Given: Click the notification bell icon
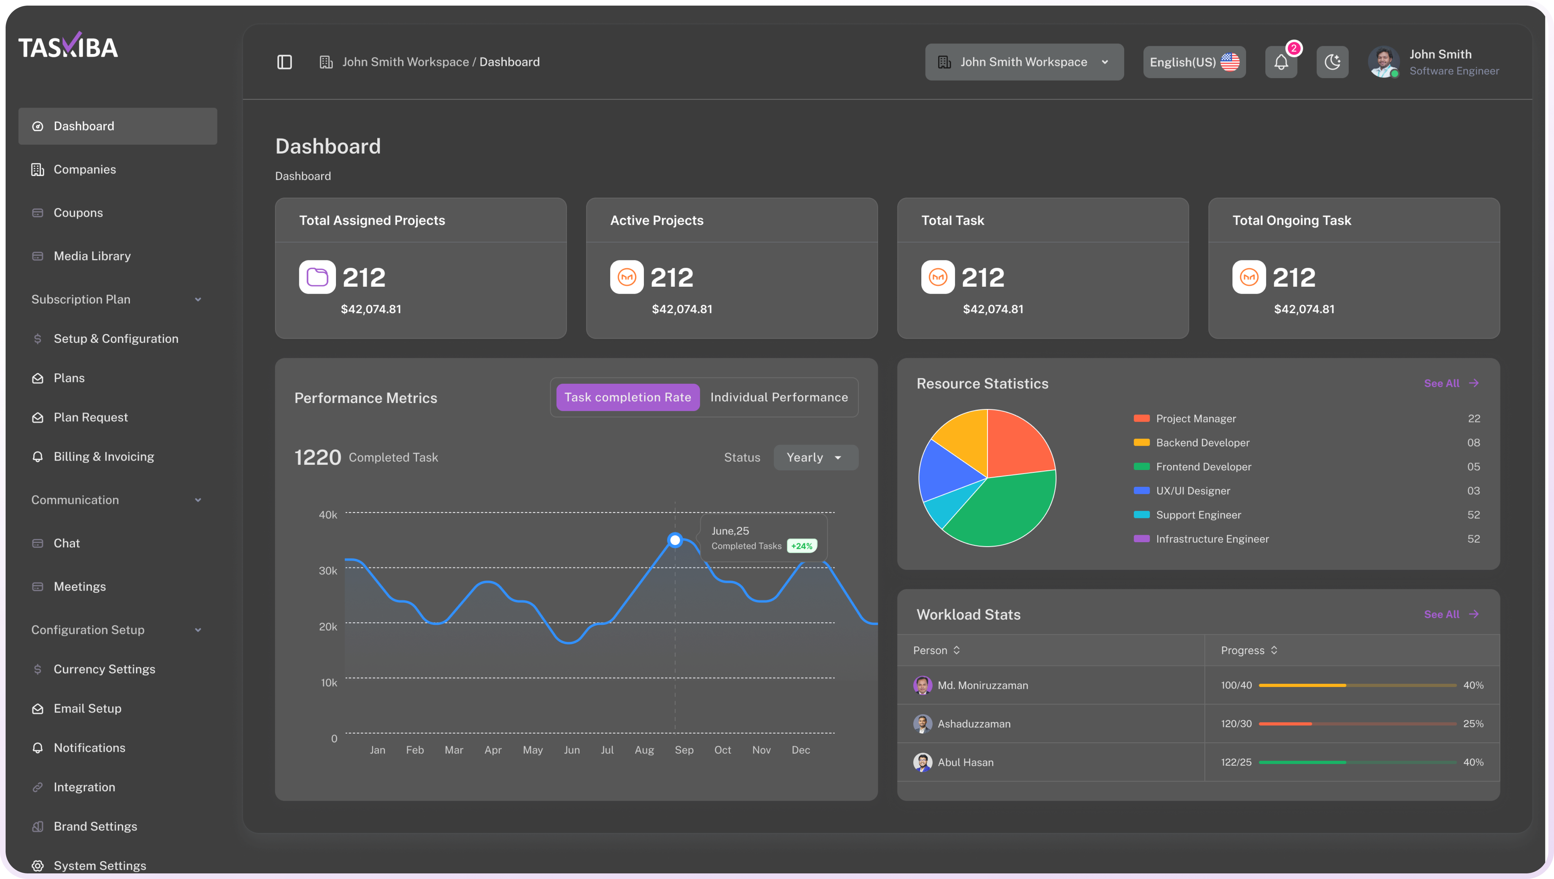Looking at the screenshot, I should (x=1281, y=62).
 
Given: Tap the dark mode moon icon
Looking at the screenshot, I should (x=1332, y=62).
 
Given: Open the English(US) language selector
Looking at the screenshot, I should (x=1194, y=62).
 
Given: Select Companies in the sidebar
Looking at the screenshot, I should (x=84, y=170).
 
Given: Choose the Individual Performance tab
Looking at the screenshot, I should (x=779, y=397).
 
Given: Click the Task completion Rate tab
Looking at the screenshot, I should (x=627, y=397).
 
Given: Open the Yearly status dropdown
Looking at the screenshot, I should (x=815, y=458).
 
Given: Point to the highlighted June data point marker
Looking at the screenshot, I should (x=675, y=540).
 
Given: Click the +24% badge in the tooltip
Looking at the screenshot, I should (x=802, y=546).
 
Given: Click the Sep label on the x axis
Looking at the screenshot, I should (x=683, y=750).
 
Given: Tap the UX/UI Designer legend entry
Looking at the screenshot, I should (x=1192, y=491).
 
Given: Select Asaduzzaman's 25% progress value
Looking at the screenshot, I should (x=1473, y=724).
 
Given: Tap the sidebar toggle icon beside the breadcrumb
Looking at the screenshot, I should (x=284, y=62).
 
